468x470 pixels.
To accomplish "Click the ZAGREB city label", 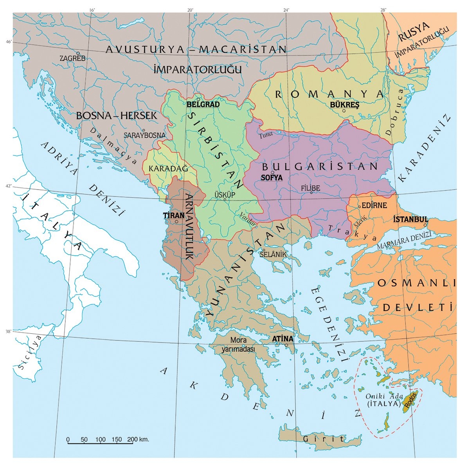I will tap(72, 58).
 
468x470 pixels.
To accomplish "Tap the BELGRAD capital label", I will tap(203, 105).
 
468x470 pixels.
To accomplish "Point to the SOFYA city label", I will tap(271, 177).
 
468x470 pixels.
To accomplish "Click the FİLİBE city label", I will tap(311, 188).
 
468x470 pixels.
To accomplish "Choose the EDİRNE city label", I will tap(374, 205).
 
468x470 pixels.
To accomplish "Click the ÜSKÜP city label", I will tap(225, 195).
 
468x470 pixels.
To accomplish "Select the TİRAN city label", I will tap(174, 215).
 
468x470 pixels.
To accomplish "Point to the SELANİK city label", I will tap(274, 255).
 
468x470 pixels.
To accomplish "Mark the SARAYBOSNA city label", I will tap(145, 135).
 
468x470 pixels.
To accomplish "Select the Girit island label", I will tap(324, 439).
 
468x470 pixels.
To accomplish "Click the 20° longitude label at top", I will tap(190, 10).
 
